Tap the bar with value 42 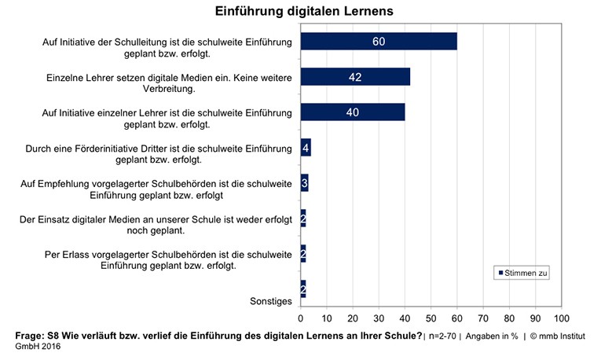(354, 77)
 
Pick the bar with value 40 (352, 112)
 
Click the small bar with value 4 (306, 148)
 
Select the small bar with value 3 (304, 183)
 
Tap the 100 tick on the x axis (560, 318)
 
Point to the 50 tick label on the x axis (431, 318)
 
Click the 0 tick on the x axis (301, 318)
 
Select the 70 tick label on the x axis (482, 318)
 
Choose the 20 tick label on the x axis (353, 318)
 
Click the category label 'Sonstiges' (269, 301)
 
